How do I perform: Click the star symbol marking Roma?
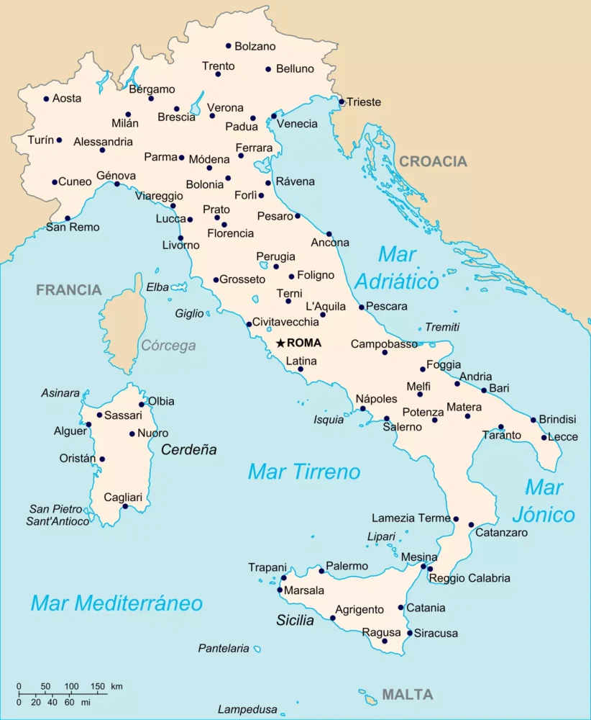(x=280, y=343)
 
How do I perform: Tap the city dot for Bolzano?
(x=229, y=46)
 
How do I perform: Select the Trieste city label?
(x=364, y=102)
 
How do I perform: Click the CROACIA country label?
(x=433, y=161)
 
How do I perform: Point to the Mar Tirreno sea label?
(x=303, y=472)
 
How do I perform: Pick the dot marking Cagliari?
(x=125, y=506)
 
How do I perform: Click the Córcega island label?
(x=168, y=346)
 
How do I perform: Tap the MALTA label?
(x=407, y=695)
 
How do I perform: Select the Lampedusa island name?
(x=247, y=709)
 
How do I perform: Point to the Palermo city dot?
(x=321, y=571)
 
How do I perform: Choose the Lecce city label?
(x=562, y=437)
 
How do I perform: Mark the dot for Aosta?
(x=46, y=99)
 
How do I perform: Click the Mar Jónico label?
(x=544, y=501)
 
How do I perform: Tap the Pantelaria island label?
(x=224, y=648)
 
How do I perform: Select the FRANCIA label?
(x=69, y=290)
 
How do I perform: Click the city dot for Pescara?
(x=362, y=307)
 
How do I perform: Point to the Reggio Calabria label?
(x=469, y=578)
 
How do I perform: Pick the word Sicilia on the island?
(x=295, y=620)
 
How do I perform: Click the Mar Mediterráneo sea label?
(x=116, y=603)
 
